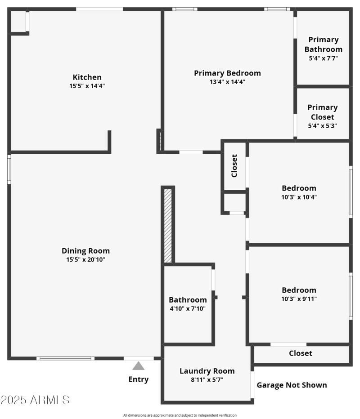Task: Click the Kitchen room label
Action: coord(87,77)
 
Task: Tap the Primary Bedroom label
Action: coord(227,73)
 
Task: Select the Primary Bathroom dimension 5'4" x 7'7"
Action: coord(323,58)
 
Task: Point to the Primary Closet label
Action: coord(322,112)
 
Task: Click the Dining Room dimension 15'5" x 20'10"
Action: coord(85,259)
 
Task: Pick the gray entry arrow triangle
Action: coord(139,366)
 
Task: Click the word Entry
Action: coord(139,379)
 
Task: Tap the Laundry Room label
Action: coord(207,371)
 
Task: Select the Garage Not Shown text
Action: coord(292,385)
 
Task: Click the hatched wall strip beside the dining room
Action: coord(168,225)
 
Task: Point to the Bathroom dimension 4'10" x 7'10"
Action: coord(188,308)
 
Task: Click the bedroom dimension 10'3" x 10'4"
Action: coord(299,196)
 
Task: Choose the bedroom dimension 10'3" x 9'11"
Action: coord(299,299)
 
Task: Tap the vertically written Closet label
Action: coord(234,167)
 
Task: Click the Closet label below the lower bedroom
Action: coord(300,353)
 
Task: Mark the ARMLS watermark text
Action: coord(35,400)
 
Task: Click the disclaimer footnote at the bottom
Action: coord(180,415)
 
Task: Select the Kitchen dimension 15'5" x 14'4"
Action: coord(87,86)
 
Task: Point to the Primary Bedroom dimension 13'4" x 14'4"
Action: coord(227,82)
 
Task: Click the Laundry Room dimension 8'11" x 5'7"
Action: coord(207,379)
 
